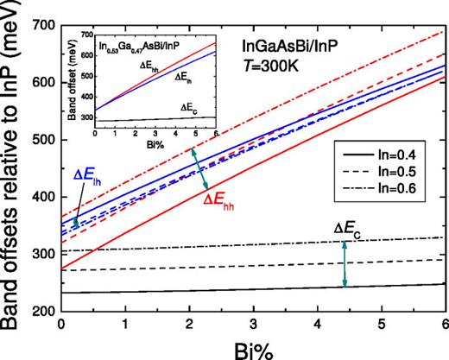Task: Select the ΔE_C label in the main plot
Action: pos(349,229)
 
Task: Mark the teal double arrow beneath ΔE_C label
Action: pos(345,262)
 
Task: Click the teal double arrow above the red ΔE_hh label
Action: pos(205,167)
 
